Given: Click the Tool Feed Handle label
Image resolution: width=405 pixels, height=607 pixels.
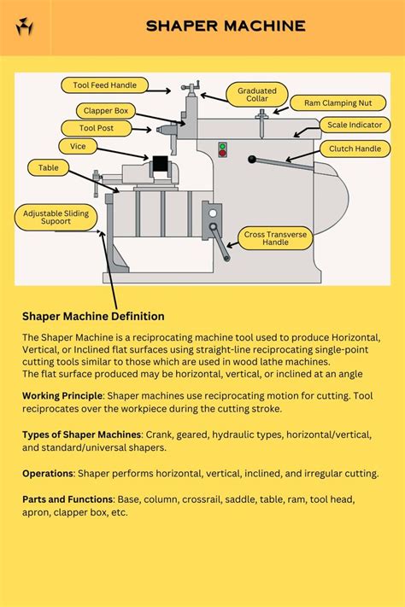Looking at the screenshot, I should pos(104,85).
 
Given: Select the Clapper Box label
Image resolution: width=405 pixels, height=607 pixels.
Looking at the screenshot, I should pos(106,110).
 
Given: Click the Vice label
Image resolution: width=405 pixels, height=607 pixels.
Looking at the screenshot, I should pos(78,146).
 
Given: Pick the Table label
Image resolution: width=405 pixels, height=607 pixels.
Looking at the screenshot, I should pos(49,168).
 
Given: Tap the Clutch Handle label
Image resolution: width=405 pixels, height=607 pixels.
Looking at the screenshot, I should pos(354,149).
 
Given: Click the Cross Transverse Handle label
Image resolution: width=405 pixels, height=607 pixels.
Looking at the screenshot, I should pos(277,237).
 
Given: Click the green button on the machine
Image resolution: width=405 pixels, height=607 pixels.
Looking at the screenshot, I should pos(223,147).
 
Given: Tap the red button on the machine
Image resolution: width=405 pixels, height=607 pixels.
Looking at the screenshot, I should pos(223,155).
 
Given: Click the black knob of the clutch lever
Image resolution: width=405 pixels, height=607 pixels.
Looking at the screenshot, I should pos(252,159).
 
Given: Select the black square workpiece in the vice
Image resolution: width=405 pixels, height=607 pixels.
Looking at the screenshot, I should pos(160,163).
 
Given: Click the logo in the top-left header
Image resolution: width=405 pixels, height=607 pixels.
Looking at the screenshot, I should pos(23,26).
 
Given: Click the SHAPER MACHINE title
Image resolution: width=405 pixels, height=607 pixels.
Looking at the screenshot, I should pos(226,26).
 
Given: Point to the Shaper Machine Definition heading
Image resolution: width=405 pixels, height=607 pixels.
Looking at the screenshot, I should pos(93,317).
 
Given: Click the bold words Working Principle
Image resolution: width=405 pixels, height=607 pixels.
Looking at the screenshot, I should pos(62,395).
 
